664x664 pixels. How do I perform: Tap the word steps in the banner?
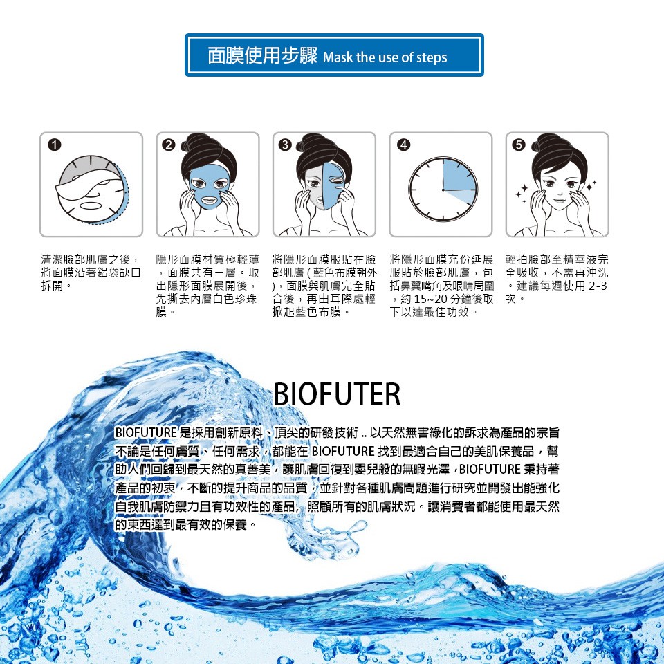tap(432, 58)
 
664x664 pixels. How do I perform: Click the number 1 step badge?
tap(55, 145)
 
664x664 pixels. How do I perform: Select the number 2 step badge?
tap(169, 145)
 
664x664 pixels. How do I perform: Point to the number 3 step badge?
tap(285, 145)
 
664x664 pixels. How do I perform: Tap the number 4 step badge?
tap(403, 145)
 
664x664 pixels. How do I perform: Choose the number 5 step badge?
tap(519, 145)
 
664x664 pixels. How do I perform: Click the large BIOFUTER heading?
tap(337, 394)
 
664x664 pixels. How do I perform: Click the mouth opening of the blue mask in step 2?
tap(208, 199)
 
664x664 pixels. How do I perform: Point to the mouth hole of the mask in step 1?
tap(89, 206)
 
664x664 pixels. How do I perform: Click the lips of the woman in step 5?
tap(559, 199)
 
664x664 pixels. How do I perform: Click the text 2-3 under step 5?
tap(598, 286)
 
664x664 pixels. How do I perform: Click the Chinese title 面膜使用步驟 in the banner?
tap(263, 55)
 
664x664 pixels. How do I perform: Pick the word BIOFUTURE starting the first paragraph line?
tap(146, 432)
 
